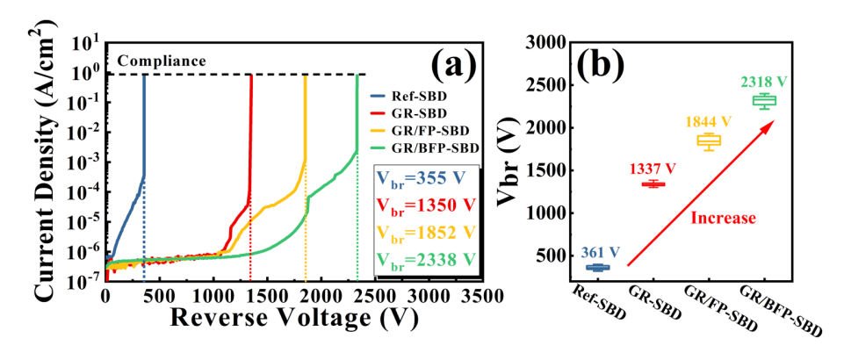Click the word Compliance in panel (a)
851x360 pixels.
[x=162, y=61]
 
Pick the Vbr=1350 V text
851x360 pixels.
[x=426, y=205]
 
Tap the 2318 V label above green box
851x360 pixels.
[x=762, y=82]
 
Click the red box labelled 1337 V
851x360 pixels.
[x=653, y=184]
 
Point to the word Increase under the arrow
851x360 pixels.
[x=723, y=216]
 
